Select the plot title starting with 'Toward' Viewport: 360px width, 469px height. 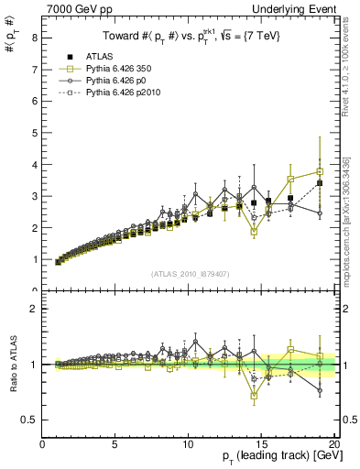coord(191,37)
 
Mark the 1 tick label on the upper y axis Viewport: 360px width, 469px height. coord(34,259)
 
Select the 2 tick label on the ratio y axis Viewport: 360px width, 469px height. coord(34,309)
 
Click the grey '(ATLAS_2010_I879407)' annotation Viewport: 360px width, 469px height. coord(189,273)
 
